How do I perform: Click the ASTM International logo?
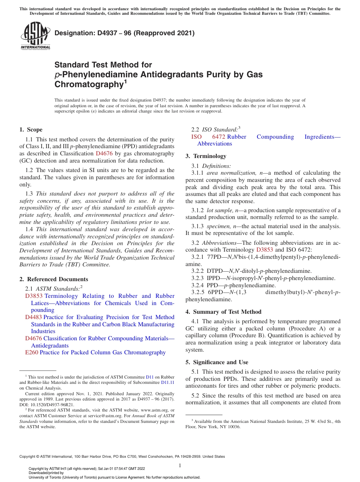coord(35,36)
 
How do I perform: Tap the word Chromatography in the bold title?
coord(88,85)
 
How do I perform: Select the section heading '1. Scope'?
coord(31,130)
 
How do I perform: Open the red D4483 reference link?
coord(33,317)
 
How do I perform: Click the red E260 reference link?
coord(31,352)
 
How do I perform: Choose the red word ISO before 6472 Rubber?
coord(196,137)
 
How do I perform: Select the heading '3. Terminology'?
coord(206,156)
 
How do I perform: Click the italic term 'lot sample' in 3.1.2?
coord(219,210)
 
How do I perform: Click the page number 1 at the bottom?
coord(180,465)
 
